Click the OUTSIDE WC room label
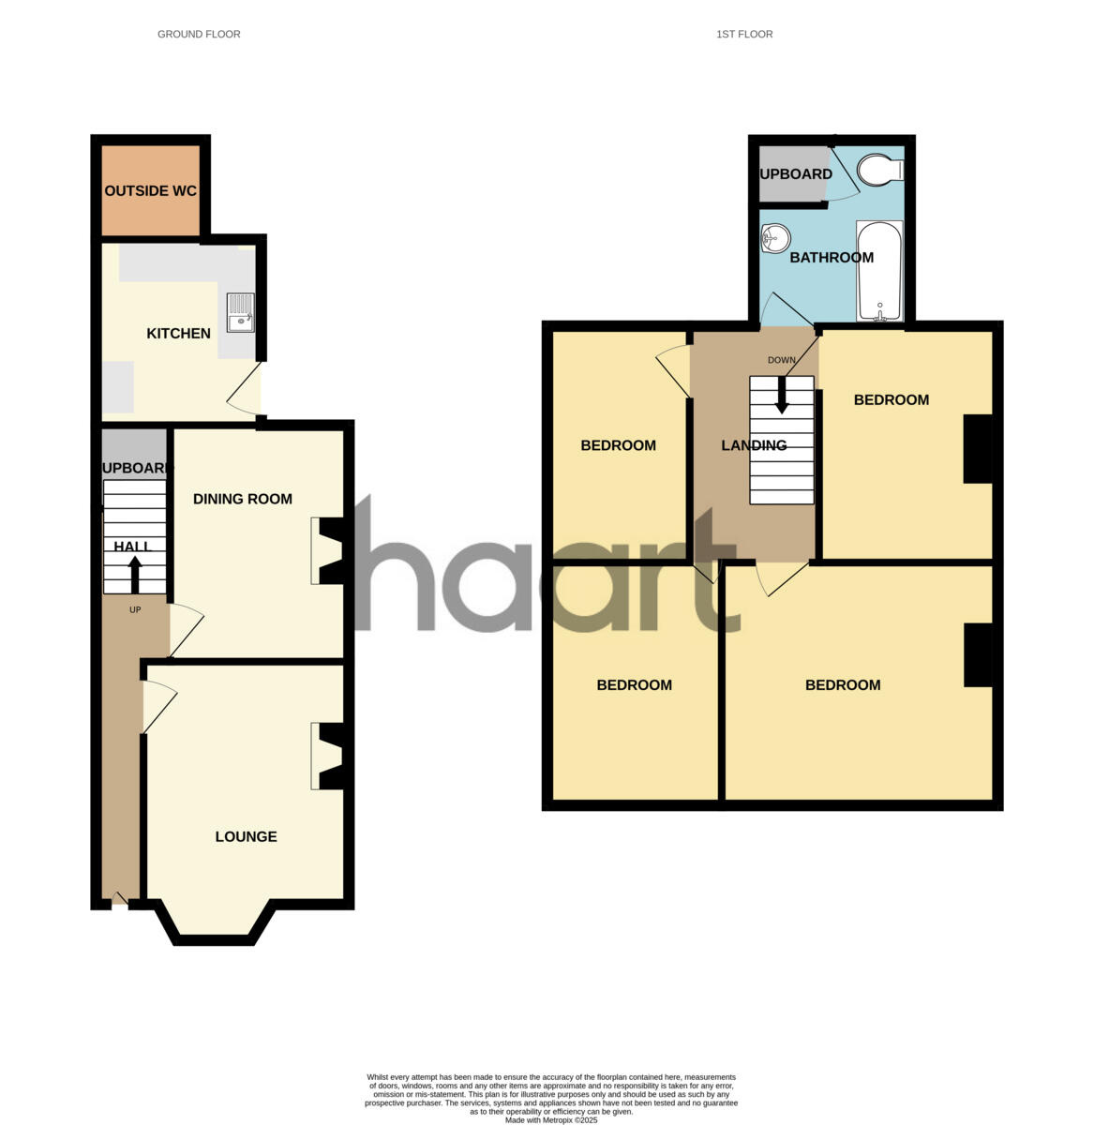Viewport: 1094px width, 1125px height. (x=150, y=191)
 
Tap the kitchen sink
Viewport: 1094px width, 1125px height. (x=241, y=312)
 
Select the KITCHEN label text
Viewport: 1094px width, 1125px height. (x=178, y=334)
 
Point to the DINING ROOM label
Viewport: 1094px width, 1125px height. (x=243, y=499)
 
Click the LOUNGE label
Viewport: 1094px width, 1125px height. (x=246, y=836)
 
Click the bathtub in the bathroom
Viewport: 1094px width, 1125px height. (x=879, y=271)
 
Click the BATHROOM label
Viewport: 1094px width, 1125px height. (x=832, y=258)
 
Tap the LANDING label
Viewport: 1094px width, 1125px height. (x=754, y=445)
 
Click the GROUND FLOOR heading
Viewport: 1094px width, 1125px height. (x=199, y=34)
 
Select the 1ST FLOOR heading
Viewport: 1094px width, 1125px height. (x=744, y=34)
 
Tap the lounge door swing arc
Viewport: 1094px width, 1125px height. (x=159, y=703)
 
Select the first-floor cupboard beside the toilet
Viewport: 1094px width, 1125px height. (x=793, y=174)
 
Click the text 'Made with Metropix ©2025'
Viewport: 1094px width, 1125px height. (x=551, y=1119)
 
